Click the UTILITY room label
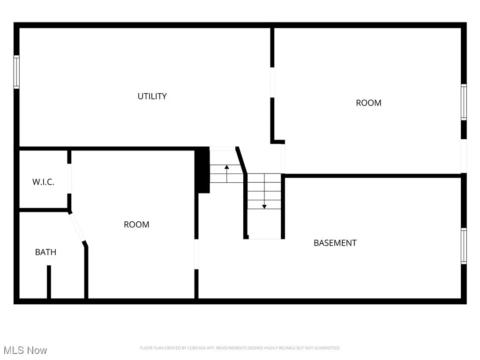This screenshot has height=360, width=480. [152, 96]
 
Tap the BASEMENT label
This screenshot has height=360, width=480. [335, 243]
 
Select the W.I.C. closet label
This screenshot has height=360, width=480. [43, 182]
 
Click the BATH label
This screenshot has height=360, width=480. [45, 252]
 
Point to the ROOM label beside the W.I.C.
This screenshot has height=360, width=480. [136, 225]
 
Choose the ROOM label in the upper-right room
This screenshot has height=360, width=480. [368, 103]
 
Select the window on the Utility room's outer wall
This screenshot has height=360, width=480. [16, 72]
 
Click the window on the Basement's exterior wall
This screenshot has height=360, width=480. [464, 246]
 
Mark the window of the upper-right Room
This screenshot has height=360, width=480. [464, 102]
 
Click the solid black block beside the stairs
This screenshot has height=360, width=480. [202, 170]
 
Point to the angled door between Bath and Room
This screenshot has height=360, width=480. [77, 227]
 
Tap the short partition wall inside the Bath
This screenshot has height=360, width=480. [48, 282]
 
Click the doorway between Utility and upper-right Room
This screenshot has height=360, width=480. [272, 82]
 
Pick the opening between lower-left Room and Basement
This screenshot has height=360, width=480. [196, 254]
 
